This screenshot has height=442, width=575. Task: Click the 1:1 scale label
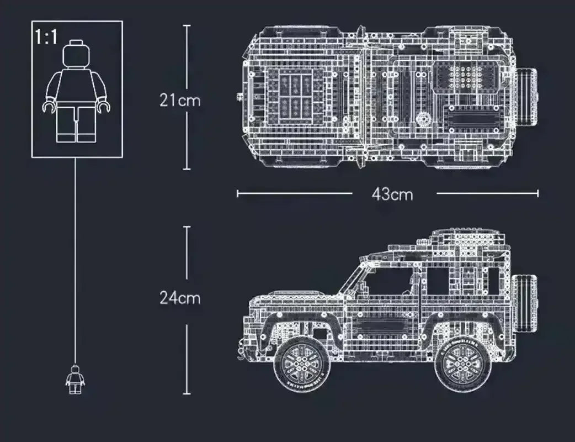(46, 37)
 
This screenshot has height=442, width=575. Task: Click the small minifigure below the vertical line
(75, 379)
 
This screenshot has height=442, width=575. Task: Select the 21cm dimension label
(180, 100)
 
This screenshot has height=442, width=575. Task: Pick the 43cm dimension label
(392, 194)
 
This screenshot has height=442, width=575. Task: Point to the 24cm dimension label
(180, 298)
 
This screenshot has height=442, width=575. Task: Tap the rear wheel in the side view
(462, 365)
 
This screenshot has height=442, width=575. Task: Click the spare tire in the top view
(527, 97)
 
